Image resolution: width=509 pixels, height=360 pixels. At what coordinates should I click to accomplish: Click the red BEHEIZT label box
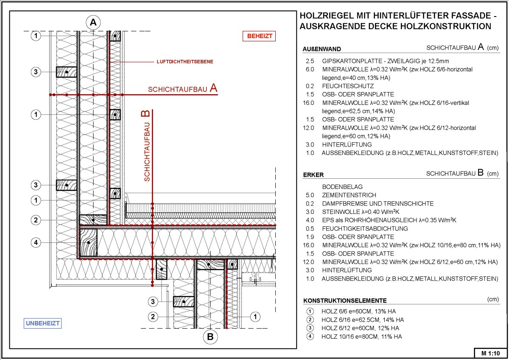[259, 37]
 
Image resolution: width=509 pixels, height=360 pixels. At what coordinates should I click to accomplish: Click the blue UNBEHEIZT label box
[43, 323]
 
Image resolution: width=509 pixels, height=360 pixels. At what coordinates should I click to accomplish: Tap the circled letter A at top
[93, 23]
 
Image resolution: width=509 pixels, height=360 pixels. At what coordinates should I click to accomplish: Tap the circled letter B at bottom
[210, 337]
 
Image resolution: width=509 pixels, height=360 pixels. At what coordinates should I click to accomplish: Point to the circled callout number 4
[37, 243]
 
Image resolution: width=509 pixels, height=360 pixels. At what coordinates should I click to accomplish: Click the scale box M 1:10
[490, 353]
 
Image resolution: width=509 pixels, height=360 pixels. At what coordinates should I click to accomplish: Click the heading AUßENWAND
[322, 49]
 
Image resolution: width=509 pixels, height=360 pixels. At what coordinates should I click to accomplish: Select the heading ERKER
[313, 175]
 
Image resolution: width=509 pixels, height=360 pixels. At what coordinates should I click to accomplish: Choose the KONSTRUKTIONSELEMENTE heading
[345, 301]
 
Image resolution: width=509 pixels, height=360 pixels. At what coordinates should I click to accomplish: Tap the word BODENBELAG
[342, 187]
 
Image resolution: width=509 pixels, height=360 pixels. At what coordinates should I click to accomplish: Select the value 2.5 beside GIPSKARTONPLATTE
[310, 61]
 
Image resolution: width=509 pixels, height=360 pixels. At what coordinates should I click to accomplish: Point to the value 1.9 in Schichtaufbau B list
[310, 237]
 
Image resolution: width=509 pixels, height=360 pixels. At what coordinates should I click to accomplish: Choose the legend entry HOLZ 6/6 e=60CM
[359, 312]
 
